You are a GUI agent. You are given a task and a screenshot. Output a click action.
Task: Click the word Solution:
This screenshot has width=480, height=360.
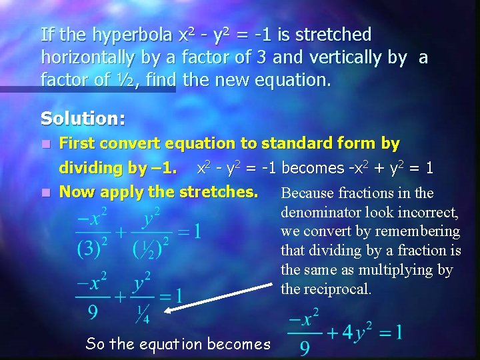[83, 119]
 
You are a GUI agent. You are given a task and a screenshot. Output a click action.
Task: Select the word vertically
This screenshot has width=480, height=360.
[355, 58]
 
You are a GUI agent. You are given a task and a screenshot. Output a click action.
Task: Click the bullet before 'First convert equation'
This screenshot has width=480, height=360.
[45, 143]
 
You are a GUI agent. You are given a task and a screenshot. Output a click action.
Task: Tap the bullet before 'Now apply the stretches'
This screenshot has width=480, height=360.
[45, 193]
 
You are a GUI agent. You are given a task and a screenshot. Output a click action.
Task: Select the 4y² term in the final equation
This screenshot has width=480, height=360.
[354, 333]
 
